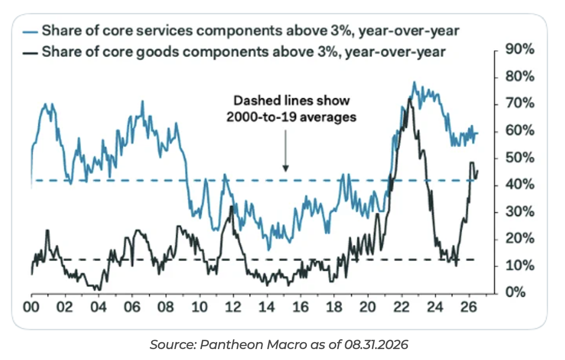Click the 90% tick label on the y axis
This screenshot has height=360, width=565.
[x=520, y=49]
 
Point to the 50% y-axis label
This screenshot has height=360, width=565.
[x=520, y=158]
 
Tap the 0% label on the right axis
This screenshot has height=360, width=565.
[x=515, y=292]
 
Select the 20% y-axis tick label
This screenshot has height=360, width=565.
[x=520, y=239]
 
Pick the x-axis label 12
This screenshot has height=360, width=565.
[x=233, y=307]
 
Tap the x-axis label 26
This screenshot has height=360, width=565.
[x=469, y=307]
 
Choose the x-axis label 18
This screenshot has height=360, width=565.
[x=334, y=307]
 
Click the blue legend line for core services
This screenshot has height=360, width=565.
[x=30, y=32]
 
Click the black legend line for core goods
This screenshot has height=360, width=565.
[x=30, y=53]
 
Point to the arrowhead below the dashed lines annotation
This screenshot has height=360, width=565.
[x=286, y=168]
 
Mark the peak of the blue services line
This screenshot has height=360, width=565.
[x=414, y=83]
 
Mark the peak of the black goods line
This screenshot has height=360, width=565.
[x=409, y=98]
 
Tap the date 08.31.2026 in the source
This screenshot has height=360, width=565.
[x=376, y=345]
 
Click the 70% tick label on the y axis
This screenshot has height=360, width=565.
[x=520, y=103]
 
